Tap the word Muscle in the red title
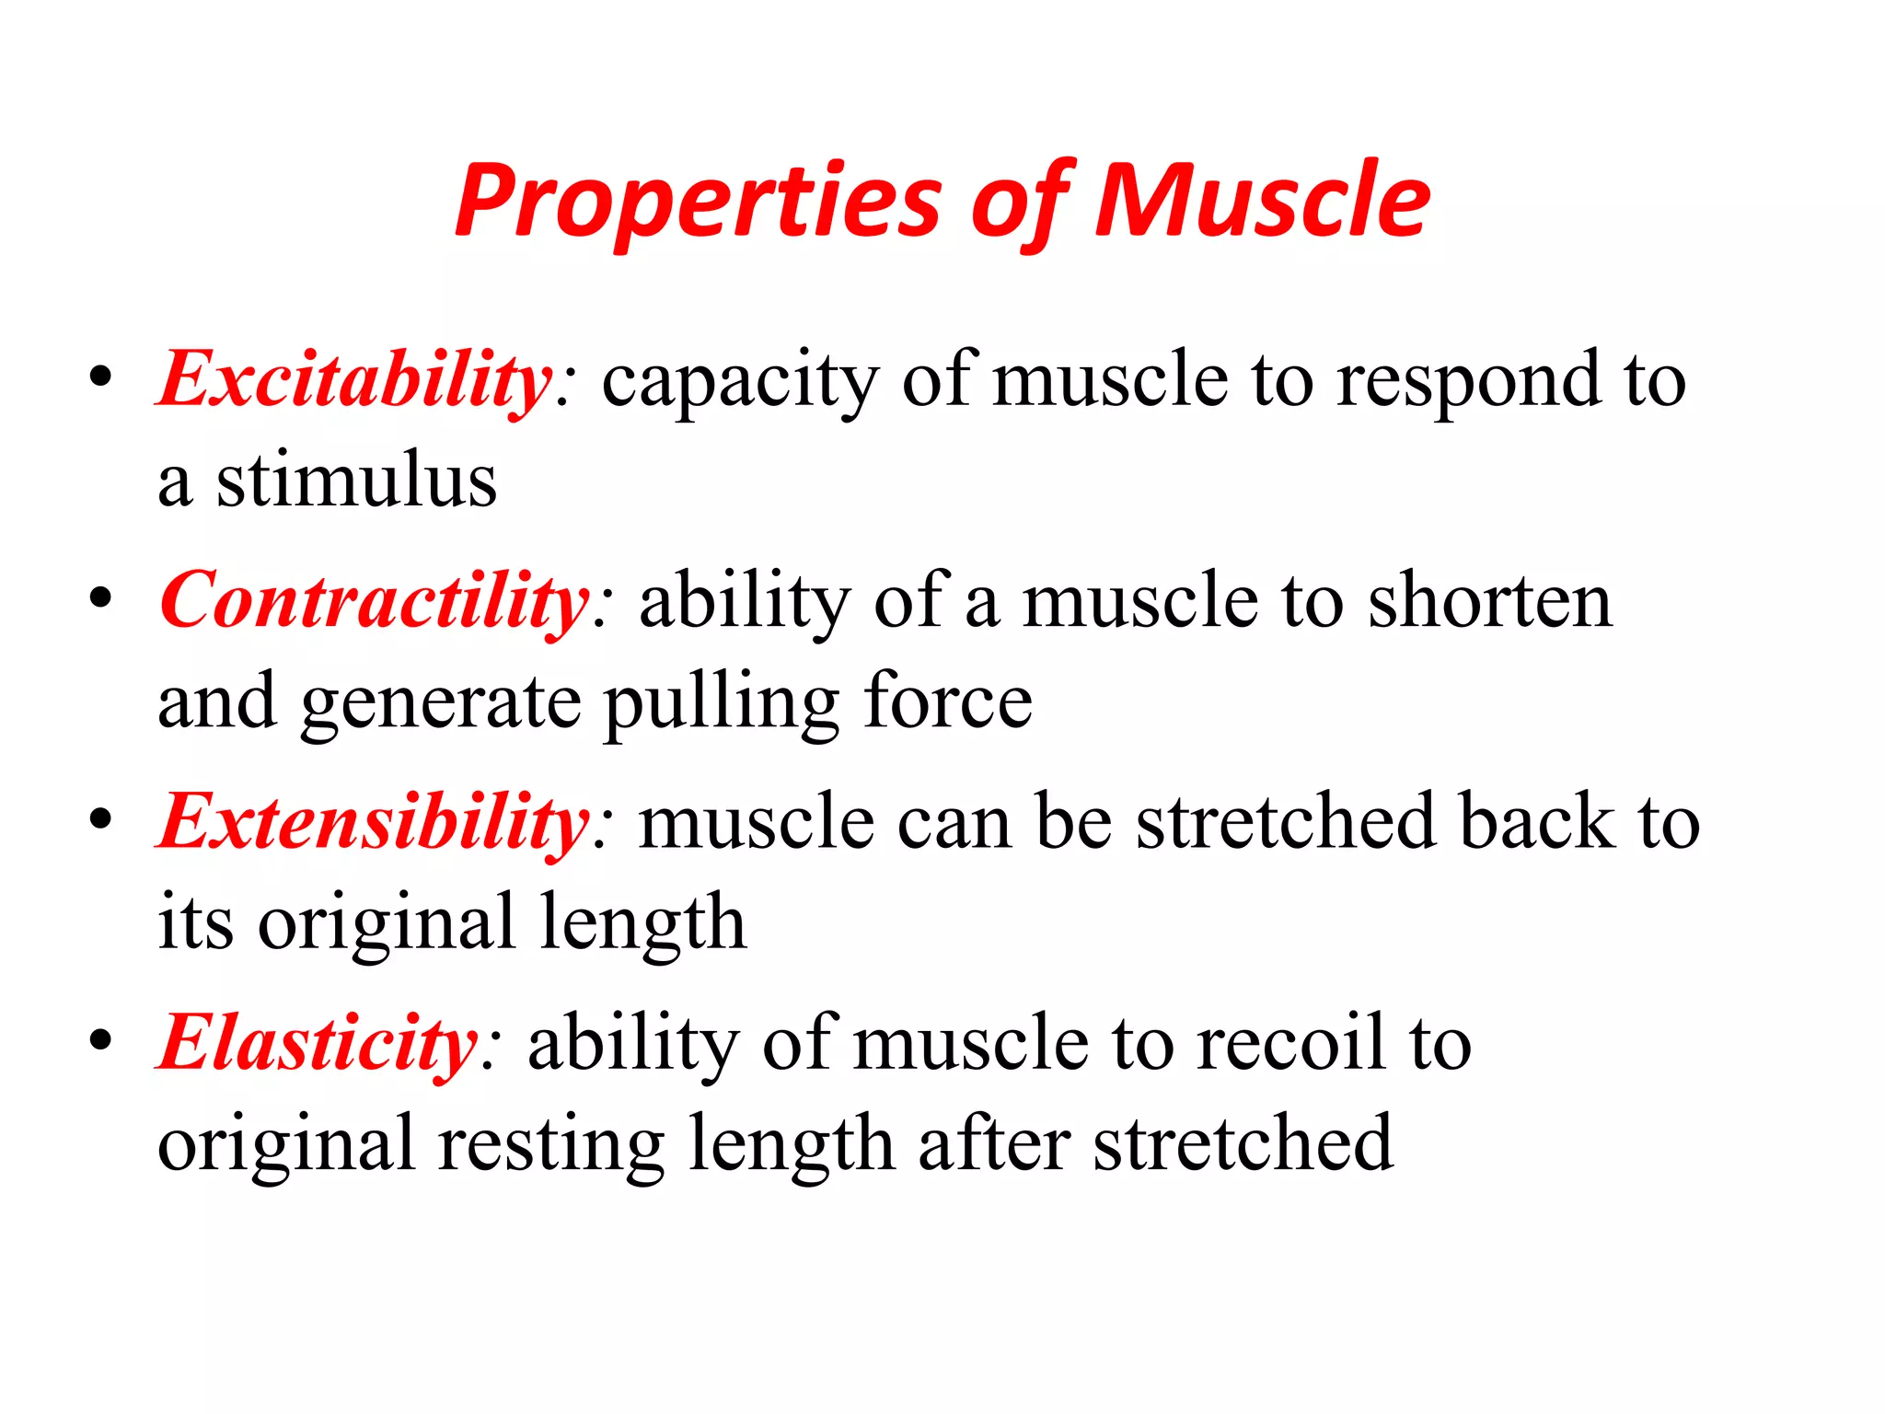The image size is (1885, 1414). pos(1262,201)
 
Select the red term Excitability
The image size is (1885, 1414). pos(355,379)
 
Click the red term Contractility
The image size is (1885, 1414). pos(374,600)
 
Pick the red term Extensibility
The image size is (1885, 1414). pos(374,821)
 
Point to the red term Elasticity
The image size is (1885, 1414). pos(318,1042)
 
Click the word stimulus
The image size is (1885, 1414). pos(356,481)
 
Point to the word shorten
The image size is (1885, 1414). pos(1490,600)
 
